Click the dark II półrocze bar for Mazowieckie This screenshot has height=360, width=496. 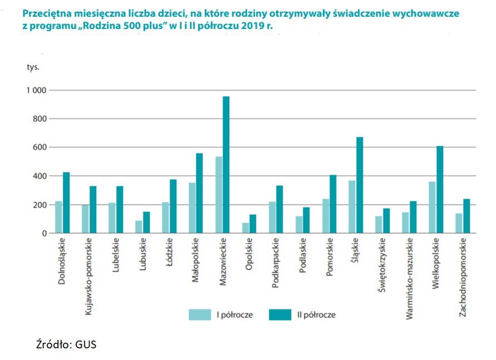point(226,165)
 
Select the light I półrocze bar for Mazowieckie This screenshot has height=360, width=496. point(219,195)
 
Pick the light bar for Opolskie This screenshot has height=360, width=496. point(245,228)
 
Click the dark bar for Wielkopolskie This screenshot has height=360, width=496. point(440,189)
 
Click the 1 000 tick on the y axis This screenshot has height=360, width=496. point(36,90)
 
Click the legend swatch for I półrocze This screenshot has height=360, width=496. point(199,315)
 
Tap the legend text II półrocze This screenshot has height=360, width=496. point(316,315)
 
